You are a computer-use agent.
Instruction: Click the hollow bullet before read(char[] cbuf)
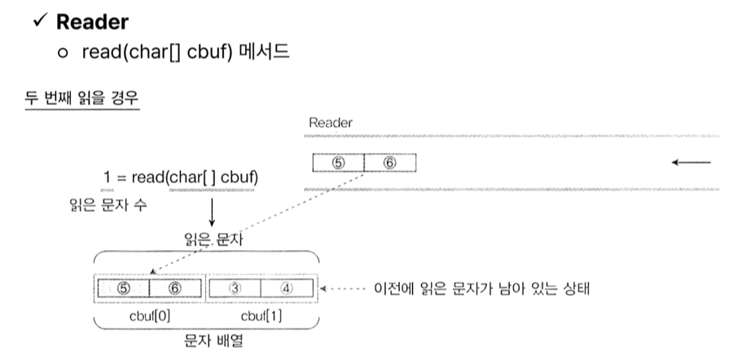(66, 51)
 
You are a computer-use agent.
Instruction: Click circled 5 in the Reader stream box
(339, 163)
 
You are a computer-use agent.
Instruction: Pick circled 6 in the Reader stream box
(389, 163)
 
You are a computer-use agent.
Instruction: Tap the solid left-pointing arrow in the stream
(691, 162)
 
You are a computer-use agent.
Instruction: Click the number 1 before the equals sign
(108, 178)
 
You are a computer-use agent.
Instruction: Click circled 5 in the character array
(123, 288)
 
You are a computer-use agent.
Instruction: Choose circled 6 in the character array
(175, 288)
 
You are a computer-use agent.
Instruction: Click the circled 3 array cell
(235, 288)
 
